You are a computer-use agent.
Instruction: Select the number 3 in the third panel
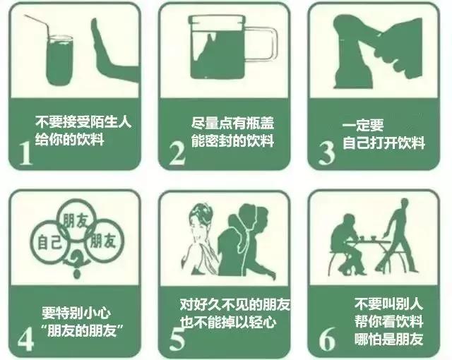click(326, 151)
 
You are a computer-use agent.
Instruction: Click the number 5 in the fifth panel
click(177, 337)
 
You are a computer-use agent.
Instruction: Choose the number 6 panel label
click(326, 337)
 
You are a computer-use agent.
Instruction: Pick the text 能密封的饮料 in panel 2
click(232, 140)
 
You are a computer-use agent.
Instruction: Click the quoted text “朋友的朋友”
click(81, 330)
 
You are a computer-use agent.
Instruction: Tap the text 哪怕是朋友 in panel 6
click(388, 339)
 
